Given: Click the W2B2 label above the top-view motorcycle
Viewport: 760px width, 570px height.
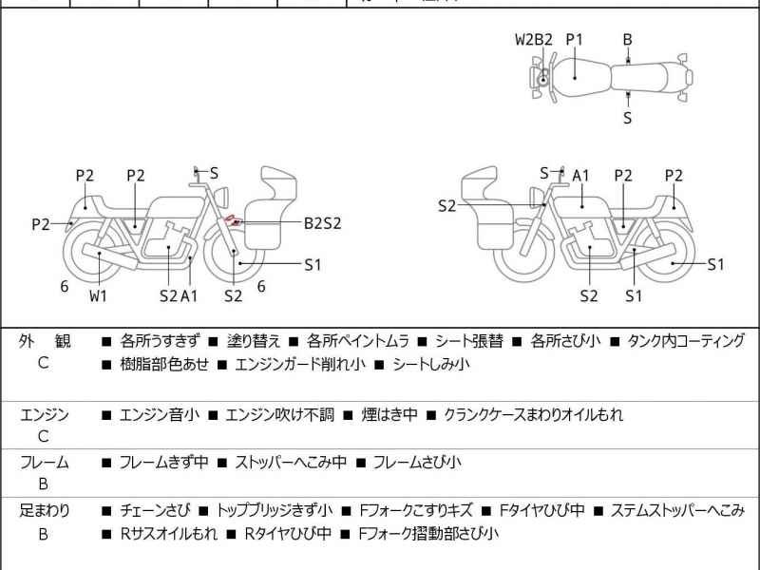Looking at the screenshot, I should pyautogui.click(x=533, y=40).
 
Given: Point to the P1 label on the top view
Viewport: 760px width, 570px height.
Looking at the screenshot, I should pyautogui.click(x=574, y=40).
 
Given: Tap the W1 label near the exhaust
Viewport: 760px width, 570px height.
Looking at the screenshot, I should pyautogui.click(x=99, y=295).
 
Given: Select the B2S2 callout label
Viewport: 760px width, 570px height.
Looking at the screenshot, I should pyautogui.click(x=322, y=223).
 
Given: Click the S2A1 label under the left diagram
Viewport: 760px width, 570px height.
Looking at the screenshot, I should pyautogui.click(x=179, y=295).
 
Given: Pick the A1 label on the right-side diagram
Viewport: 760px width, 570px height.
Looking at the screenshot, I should pyautogui.click(x=580, y=176).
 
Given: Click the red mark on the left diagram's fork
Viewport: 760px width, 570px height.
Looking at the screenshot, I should pyautogui.click(x=230, y=221).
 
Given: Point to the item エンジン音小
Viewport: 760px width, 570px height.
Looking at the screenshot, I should pyautogui.click(x=160, y=415).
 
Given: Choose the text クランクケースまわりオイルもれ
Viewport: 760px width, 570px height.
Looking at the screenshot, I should pyautogui.click(x=533, y=415).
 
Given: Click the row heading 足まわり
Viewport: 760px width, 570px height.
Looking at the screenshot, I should pyautogui.click(x=45, y=510).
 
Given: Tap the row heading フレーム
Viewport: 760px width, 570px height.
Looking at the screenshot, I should pyautogui.click(x=45, y=463).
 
